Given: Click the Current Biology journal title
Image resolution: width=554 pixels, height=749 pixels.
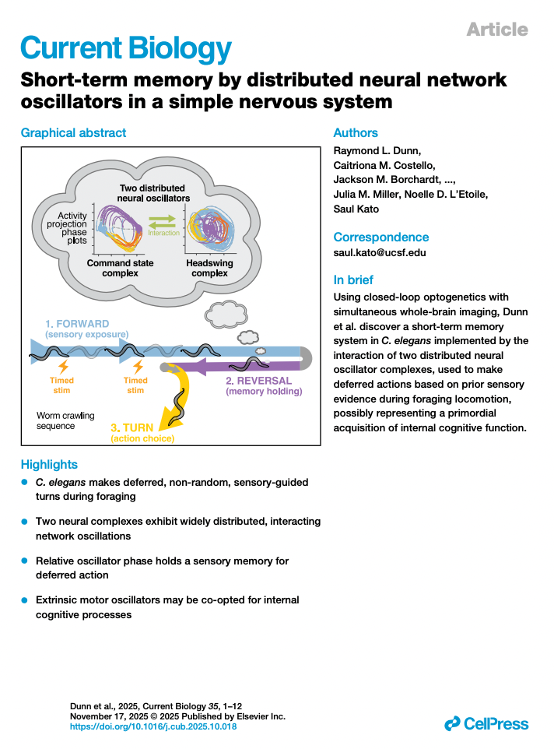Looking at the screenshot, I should pos(125,48).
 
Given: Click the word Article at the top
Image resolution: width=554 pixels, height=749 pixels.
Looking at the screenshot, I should pos(496,30).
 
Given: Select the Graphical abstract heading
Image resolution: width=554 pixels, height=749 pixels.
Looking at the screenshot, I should pos(73,133).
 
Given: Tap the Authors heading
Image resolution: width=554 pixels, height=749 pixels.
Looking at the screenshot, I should pos(356,133).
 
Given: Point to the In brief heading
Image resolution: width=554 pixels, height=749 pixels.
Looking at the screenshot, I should pos(352,280).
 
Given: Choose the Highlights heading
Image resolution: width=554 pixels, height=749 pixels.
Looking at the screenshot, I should pos(49,465).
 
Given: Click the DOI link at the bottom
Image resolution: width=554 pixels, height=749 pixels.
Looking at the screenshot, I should pos(153,726).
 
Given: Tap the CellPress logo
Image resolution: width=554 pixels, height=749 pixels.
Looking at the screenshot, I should pos(486,724).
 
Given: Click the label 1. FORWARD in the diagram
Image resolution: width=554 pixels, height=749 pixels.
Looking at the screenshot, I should pos(77,323).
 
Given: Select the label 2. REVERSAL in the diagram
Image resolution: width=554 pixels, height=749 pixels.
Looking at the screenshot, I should pos(258,381).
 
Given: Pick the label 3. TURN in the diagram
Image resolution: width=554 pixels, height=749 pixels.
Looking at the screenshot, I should pos(136,427).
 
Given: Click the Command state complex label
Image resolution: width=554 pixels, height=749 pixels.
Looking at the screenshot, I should pos(120,269).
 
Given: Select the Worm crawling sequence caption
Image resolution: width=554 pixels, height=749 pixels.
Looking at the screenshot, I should pos(65,421).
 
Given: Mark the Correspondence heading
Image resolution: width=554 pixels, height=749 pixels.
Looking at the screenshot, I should pos(380,237).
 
